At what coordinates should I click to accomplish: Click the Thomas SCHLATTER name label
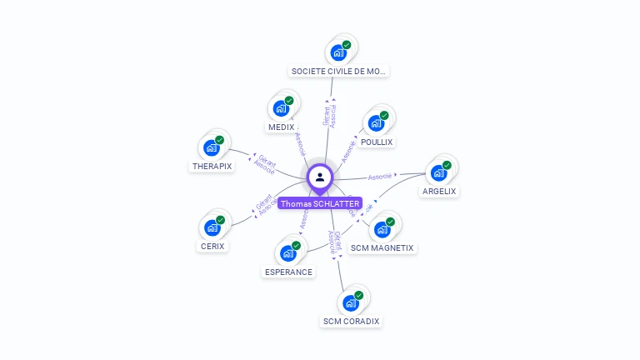tap(320, 203)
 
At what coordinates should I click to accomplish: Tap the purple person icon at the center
tap(320, 177)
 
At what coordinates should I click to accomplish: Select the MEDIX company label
tap(282, 127)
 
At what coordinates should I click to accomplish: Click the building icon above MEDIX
tap(282, 107)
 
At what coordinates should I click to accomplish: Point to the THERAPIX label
tap(212, 166)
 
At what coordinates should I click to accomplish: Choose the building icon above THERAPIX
tap(212, 147)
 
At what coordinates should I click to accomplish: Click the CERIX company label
tap(212, 246)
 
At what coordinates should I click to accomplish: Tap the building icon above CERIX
tap(212, 226)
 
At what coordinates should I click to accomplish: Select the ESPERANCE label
tap(288, 272)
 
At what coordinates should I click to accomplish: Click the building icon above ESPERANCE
tap(288, 252)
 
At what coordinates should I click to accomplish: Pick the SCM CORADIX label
tap(351, 321)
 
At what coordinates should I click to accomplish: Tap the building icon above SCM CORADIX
tap(351, 302)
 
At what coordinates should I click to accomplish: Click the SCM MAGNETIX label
tap(382, 247)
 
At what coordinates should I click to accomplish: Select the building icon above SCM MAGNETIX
tap(382, 229)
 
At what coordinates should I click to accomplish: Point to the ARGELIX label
tap(439, 191)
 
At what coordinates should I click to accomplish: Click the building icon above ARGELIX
tap(439, 172)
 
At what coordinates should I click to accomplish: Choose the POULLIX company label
tap(377, 142)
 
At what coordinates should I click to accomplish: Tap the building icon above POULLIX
tap(377, 122)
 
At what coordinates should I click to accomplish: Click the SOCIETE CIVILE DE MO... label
tap(338, 72)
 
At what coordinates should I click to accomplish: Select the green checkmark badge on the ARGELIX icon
tap(447, 165)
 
